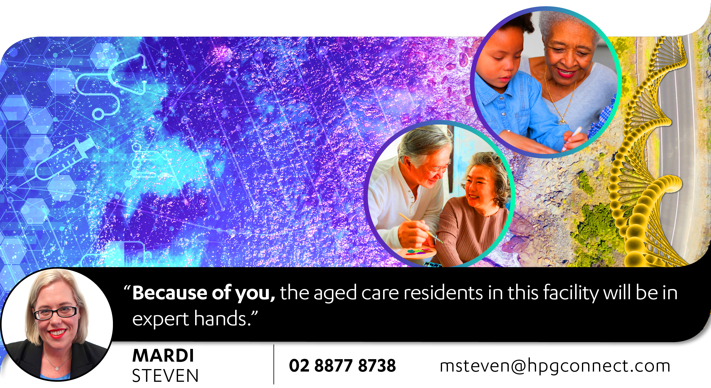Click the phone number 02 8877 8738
pyautogui.click(x=342, y=366)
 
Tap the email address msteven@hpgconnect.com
pyautogui.click(x=555, y=366)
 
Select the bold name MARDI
pyautogui.click(x=163, y=355)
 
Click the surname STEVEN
pyautogui.click(x=165, y=376)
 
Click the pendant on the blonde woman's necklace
pyautogui.click(x=57, y=368)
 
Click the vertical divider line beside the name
pyautogui.click(x=274, y=364)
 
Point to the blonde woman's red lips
pyautogui.click(x=57, y=333)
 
